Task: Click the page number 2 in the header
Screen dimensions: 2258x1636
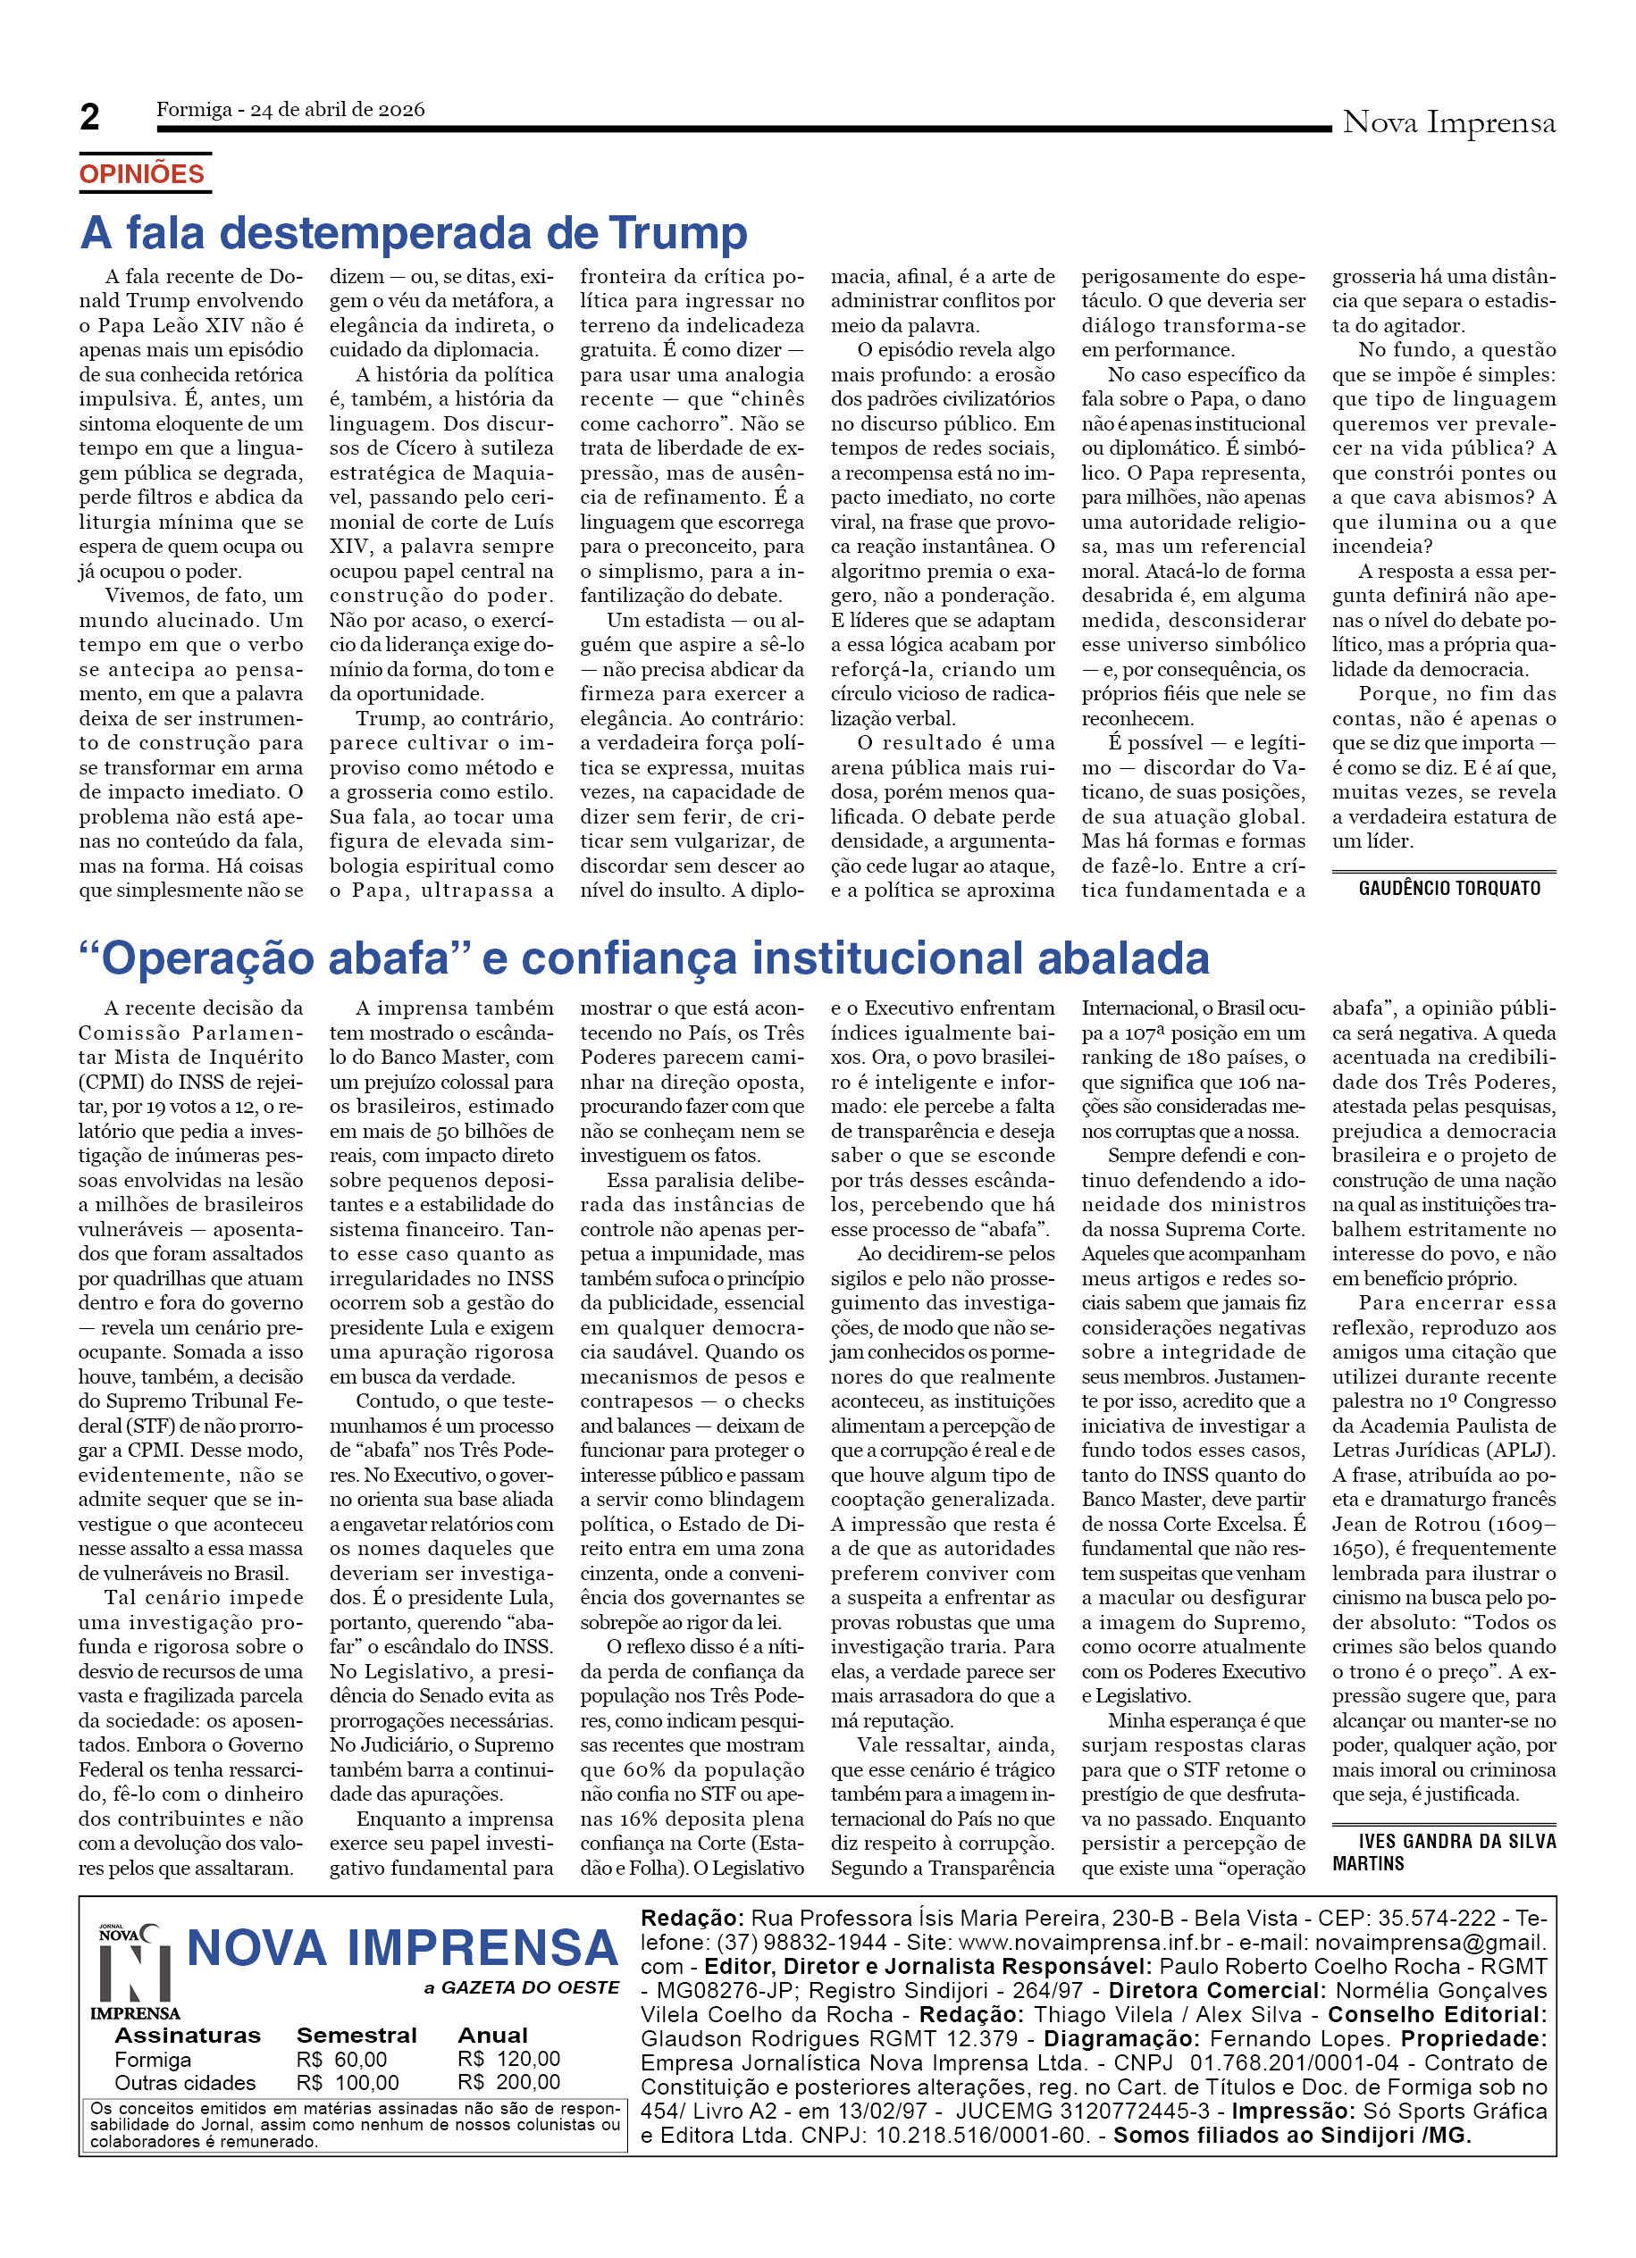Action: [89, 118]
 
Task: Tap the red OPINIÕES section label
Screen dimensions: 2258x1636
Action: [141, 174]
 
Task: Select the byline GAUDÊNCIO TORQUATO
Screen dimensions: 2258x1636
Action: [1448, 888]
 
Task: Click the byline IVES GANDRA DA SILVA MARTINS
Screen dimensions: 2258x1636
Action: [1443, 1852]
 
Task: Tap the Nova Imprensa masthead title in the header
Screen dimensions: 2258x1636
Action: [1447, 122]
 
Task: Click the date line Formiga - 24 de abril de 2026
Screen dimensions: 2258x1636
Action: [289, 110]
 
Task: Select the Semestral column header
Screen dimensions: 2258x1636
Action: [356, 2035]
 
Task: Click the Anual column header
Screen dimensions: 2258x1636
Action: [492, 2035]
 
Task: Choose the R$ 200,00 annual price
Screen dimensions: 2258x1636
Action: [508, 2082]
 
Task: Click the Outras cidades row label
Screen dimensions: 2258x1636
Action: [184, 2083]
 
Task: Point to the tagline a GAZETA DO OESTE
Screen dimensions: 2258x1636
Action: [521, 1987]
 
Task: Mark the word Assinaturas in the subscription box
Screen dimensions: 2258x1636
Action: [188, 2035]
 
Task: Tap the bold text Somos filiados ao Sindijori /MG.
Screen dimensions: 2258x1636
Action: [1291, 2135]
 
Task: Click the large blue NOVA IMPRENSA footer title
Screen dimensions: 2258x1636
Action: [401, 1947]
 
